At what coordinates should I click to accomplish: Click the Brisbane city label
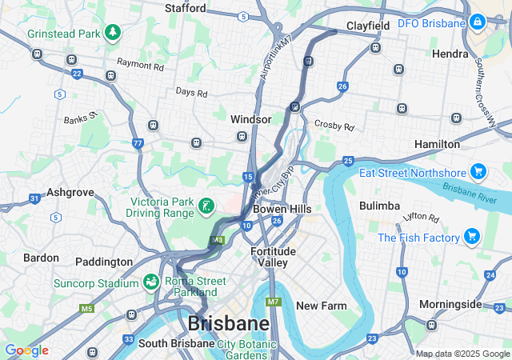228,324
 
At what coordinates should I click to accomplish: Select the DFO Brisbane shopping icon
478,22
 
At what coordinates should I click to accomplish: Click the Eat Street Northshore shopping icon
478,172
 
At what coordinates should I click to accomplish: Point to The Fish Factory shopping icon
472,237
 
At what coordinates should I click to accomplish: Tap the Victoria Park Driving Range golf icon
206,206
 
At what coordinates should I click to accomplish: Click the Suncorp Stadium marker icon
150,282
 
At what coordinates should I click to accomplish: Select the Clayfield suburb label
368,26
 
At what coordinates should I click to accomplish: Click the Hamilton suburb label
437,144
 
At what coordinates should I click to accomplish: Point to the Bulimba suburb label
379,206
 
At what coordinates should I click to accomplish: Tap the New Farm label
322,306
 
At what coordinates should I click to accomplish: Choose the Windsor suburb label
251,118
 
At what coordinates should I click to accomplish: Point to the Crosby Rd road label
334,126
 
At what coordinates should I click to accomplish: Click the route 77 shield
138,144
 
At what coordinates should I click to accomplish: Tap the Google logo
26,350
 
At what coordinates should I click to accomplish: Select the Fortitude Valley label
273,257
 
